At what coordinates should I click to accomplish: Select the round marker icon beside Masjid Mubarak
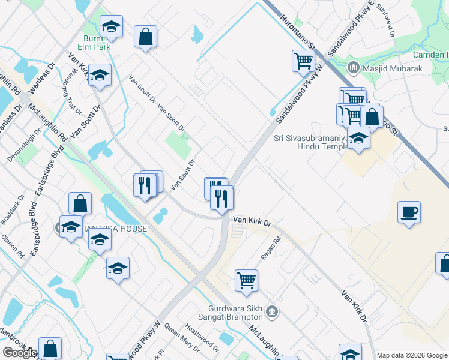click(353, 68)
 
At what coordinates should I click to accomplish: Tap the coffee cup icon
click(409, 212)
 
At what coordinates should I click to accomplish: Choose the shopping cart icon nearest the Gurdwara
click(246, 280)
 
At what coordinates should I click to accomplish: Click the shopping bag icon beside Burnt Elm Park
click(145, 37)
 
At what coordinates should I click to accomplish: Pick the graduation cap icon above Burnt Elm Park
click(111, 27)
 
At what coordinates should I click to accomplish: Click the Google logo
click(19, 353)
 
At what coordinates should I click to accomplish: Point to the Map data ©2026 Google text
click(412, 355)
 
